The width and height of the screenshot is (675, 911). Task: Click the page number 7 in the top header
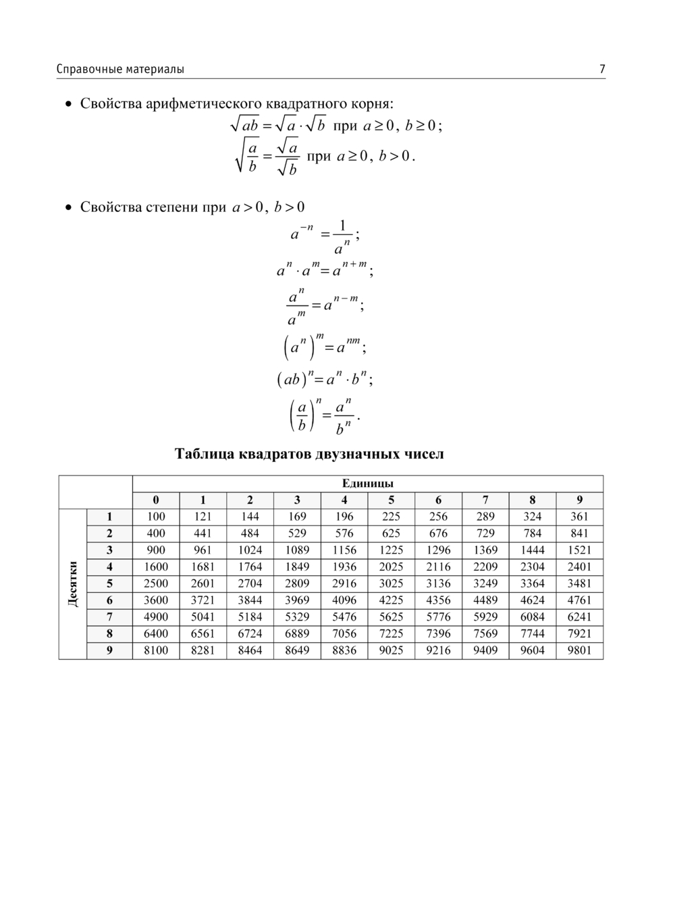601,69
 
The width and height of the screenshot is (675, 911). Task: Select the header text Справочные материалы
120,69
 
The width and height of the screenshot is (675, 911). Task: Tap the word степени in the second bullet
171,207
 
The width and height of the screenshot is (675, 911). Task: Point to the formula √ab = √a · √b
277,126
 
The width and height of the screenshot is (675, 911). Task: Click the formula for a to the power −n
325,236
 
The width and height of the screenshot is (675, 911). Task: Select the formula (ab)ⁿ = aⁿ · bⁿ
324,380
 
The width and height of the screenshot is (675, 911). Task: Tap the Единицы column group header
367,484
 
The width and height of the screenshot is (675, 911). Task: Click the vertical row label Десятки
73,583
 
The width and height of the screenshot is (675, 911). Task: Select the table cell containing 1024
250,550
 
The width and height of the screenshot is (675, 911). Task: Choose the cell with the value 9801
579,650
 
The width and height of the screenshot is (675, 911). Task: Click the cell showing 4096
344,600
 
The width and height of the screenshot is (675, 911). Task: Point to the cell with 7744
532,633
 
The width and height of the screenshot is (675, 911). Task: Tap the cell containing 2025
391,567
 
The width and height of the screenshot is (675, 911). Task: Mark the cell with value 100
156,517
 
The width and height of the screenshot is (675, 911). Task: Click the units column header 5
391,500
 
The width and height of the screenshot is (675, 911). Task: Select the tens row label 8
109,633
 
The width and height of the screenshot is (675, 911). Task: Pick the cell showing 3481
579,583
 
